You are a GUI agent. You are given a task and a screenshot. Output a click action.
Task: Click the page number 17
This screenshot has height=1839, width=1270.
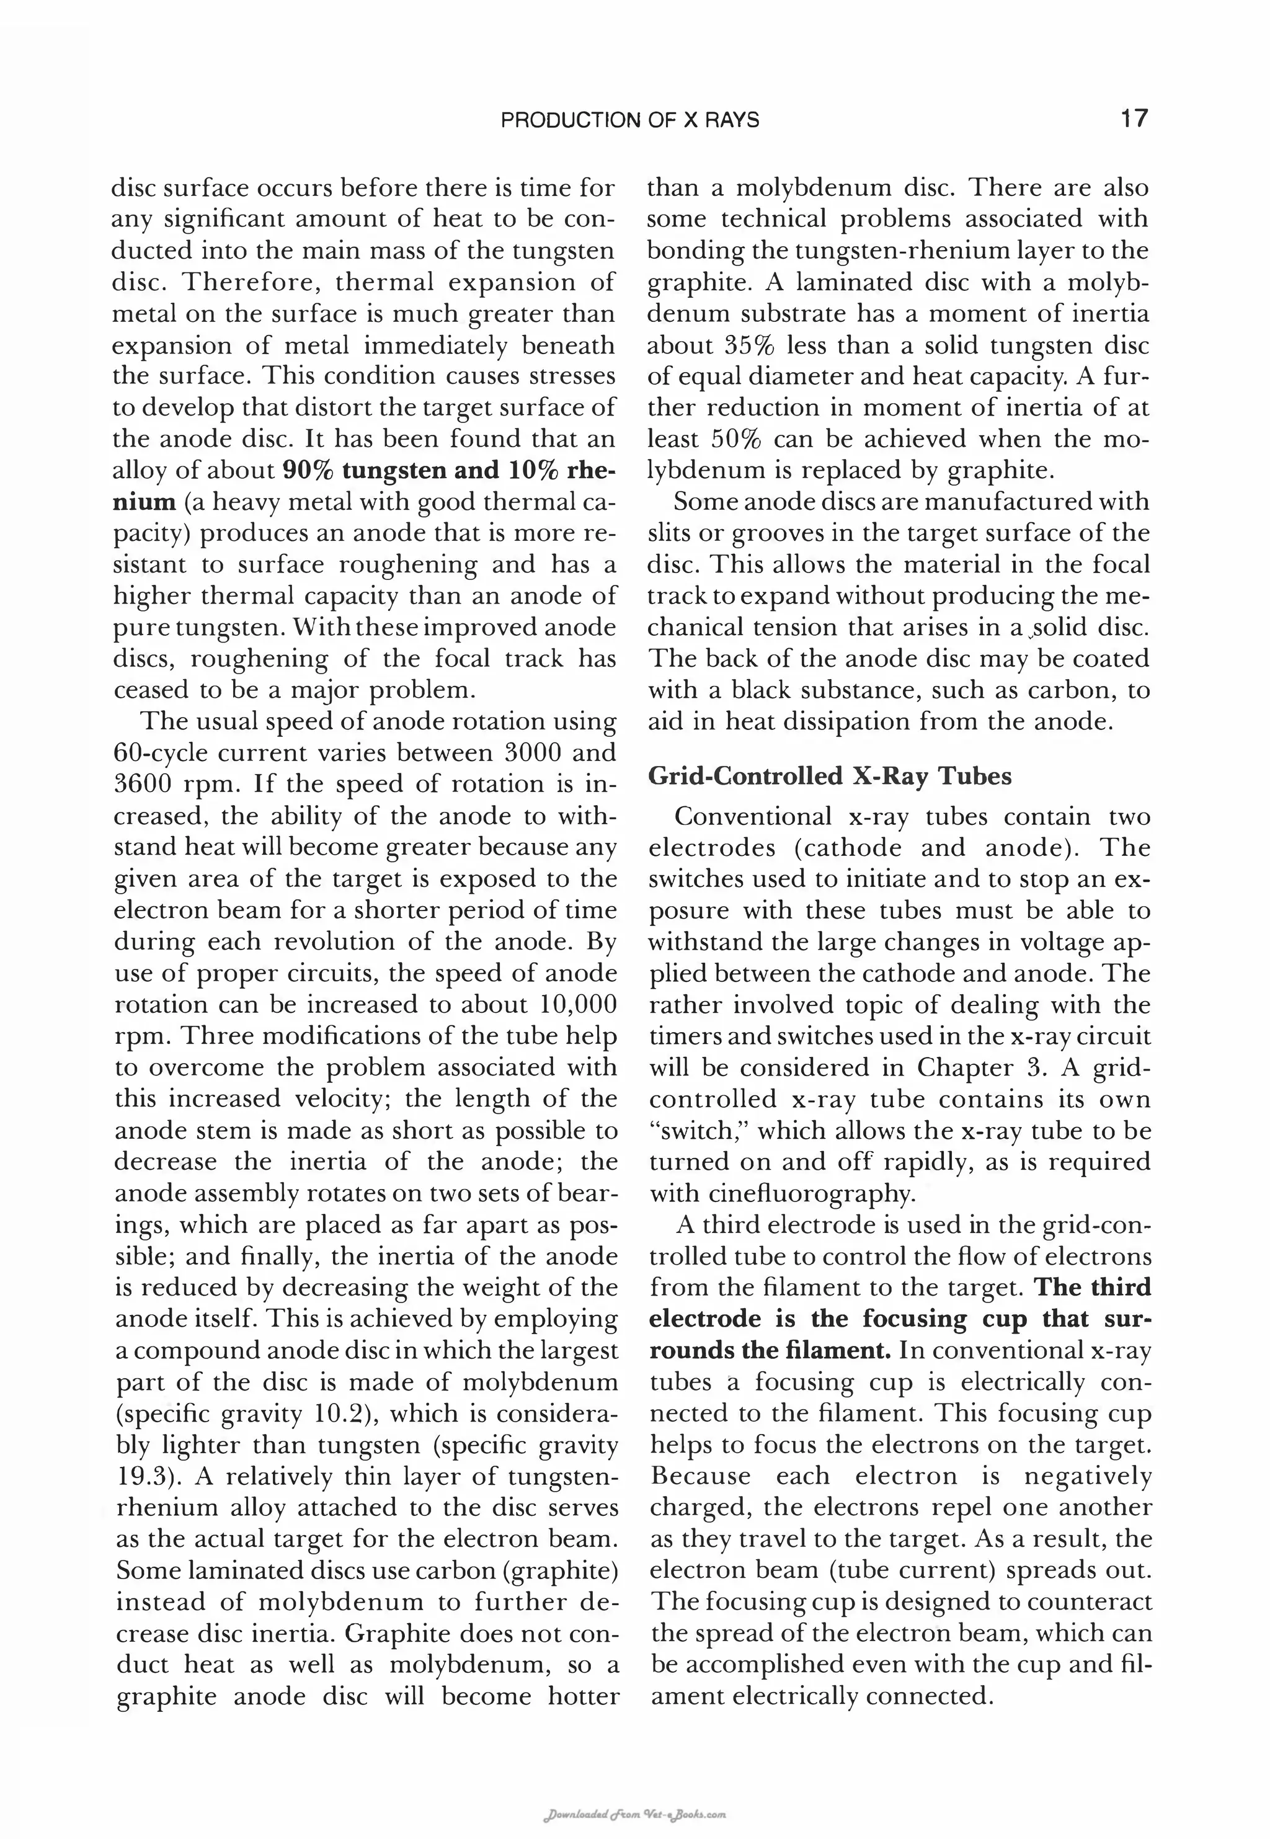pos(1134,119)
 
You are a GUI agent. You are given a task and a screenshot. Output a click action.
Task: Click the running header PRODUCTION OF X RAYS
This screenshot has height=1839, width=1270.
pos(629,120)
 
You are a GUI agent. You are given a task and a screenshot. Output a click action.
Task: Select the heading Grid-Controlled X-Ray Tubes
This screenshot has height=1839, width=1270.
pos(830,776)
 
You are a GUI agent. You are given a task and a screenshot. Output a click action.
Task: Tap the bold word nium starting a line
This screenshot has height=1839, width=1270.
pos(143,502)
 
